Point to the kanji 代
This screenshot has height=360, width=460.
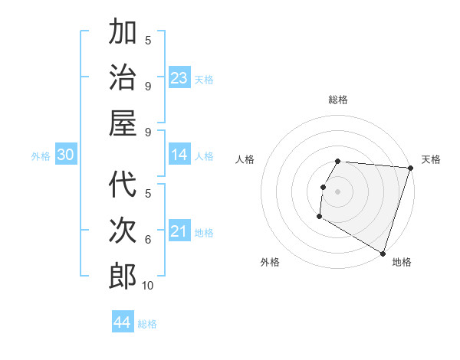(123, 185)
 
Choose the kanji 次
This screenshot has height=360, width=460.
(123, 231)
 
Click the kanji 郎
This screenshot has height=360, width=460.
(123, 276)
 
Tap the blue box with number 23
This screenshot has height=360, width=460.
(179, 78)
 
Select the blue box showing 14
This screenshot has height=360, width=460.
(179, 155)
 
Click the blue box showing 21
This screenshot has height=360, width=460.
(179, 231)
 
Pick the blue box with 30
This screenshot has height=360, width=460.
(65, 155)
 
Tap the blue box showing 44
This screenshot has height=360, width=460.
(122, 322)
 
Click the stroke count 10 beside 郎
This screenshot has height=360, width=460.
(147, 286)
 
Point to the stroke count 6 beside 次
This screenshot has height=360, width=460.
(148, 240)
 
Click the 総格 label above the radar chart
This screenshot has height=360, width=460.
(338, 100)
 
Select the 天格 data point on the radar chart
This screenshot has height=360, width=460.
(410, 169)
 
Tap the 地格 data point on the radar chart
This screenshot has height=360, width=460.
(383, 253)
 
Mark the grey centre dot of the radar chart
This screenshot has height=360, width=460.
(337, 191)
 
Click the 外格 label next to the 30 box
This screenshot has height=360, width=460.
(41, 156)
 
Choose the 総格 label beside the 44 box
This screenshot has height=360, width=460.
(147, 324)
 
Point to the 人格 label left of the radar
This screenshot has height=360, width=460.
(245, 159)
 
